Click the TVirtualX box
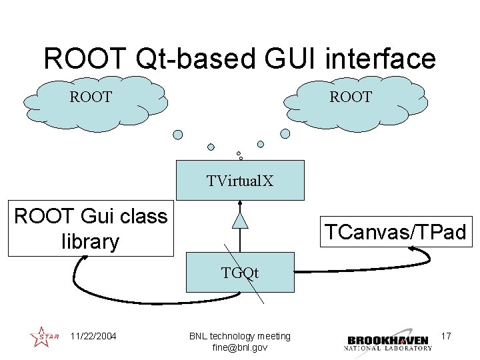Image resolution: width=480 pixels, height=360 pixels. pyautogui.click(x=240, y=180)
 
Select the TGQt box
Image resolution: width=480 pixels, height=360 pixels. pyautogui.click(x=240, y=272)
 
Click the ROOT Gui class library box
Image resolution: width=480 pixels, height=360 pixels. pyautogui.click(x=91, y=228)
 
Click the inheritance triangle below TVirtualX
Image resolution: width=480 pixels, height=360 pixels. pyautogui.click(x=240, y=220)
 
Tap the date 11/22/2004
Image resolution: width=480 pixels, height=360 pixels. pyautogui.click(x=93, y=336)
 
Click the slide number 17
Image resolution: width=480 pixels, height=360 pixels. pyautogui.click(x=446, y=336)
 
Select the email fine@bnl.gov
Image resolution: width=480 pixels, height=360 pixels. pyautogui.click(x=240, y=347)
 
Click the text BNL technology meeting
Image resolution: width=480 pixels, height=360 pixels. pyautogui.click(x=240, y=336)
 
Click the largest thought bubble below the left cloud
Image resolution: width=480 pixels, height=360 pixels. pyautogui.click(x=178, y=135)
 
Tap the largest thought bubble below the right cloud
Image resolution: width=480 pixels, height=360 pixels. pyautogui.click(x=285, y=133)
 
